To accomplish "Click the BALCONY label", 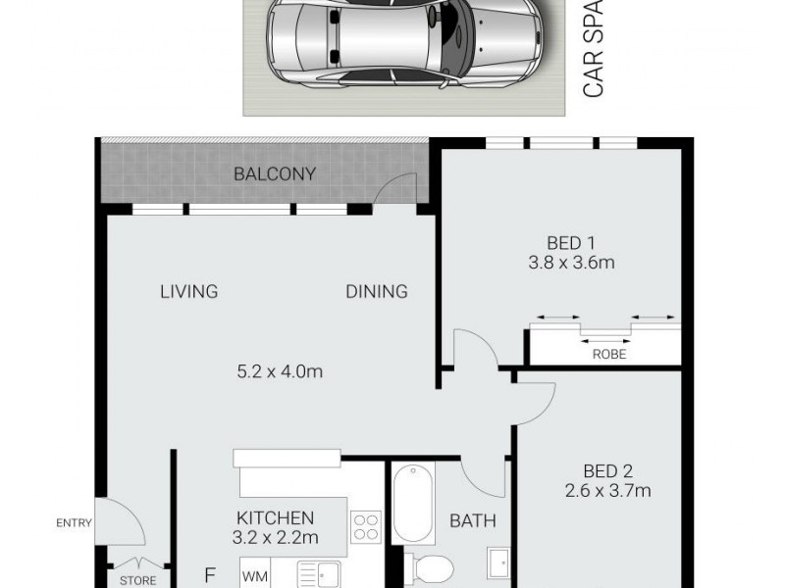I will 275,174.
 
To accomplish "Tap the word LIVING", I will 189,291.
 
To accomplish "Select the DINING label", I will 376,291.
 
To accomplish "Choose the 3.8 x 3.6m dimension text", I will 571,263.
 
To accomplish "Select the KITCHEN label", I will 275,517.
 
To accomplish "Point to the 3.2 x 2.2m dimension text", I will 275,537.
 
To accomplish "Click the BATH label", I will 473,521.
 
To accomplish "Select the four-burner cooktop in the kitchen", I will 364,526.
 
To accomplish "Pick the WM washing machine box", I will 254,574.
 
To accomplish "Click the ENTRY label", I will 75,523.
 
